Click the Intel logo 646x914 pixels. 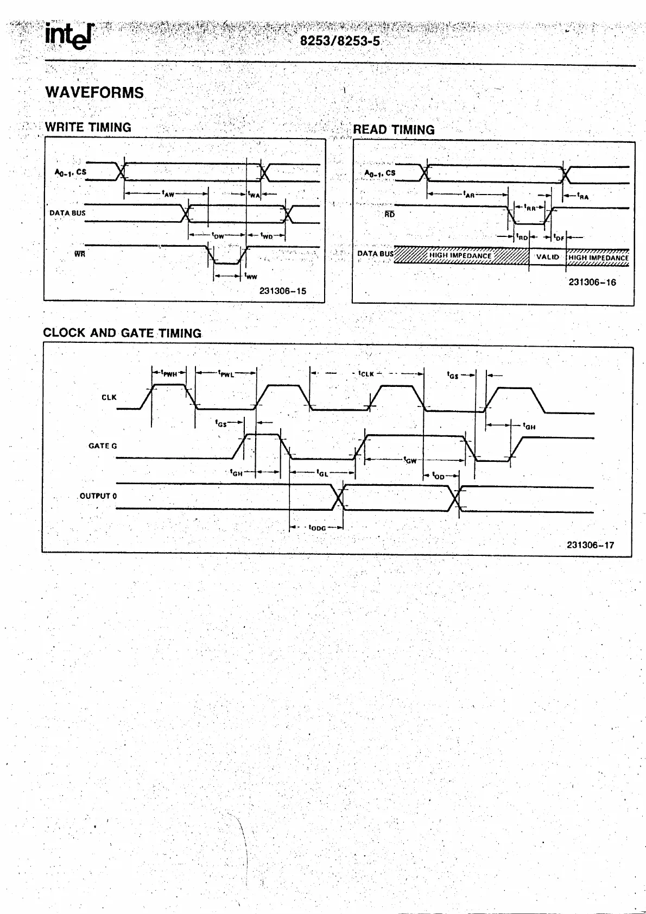69,36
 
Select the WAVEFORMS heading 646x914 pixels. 94,92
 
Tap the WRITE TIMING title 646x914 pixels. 88,127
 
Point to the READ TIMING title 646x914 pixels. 394,130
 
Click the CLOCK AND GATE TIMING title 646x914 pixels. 122,333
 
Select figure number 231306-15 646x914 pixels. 282,291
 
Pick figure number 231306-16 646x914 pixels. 592,283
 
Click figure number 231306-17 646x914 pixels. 590,545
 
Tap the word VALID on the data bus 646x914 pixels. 547,256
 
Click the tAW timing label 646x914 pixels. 168,193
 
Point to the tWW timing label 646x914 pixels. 251,276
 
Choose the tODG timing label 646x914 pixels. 317,528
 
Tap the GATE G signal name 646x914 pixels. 103,446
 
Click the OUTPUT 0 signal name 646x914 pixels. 98,496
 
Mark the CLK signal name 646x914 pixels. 109,397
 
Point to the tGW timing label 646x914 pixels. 410,460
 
